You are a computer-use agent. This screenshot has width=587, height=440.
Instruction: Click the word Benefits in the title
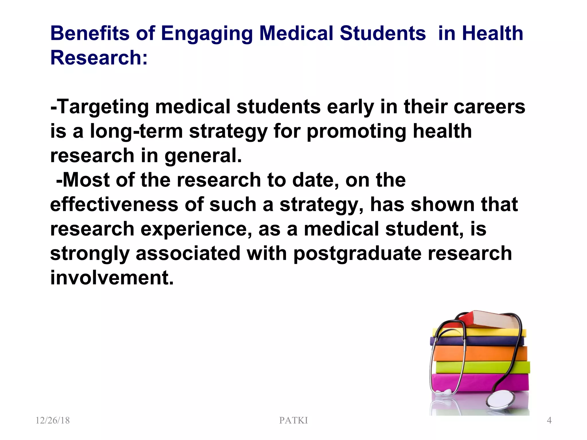pos(90,33)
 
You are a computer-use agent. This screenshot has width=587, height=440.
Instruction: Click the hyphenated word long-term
pos(136,131)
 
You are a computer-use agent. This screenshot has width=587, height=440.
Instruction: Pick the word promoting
pos(356,132)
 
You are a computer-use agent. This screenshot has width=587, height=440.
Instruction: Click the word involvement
pos(112,278)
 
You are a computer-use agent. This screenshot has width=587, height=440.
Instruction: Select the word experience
pos(196,229)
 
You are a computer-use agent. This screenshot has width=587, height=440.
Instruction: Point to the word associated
pos(188,254)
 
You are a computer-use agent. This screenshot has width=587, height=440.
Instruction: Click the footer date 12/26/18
pos(52,420)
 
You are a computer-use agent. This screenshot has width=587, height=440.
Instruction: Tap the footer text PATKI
pos(293,420)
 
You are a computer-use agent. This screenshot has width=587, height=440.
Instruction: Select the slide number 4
pos(549,420)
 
